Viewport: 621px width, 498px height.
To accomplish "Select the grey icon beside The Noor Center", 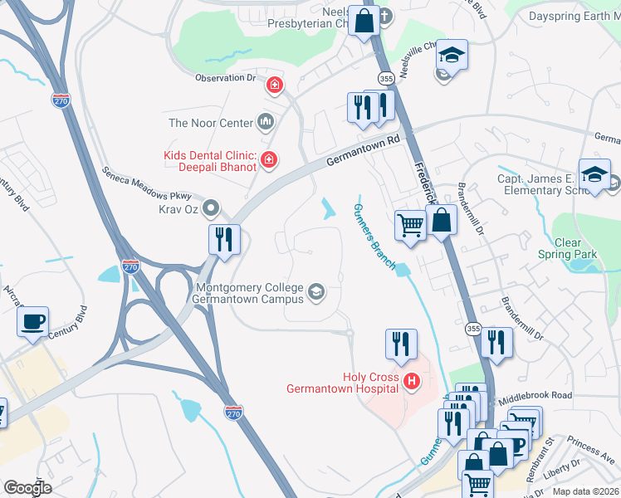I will tap(266, 123).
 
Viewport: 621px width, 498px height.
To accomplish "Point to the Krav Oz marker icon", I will tap(213, 207).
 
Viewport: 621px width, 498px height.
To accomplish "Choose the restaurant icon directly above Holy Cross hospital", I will tap(401, 344).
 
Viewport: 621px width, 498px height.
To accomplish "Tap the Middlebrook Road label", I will tap(535, 397).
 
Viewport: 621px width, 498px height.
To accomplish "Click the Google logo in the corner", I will tap(27, 488).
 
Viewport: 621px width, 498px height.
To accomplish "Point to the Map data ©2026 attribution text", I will tap(585, 491).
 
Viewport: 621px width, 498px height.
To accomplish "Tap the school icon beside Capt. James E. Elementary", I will tap(594, 176).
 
